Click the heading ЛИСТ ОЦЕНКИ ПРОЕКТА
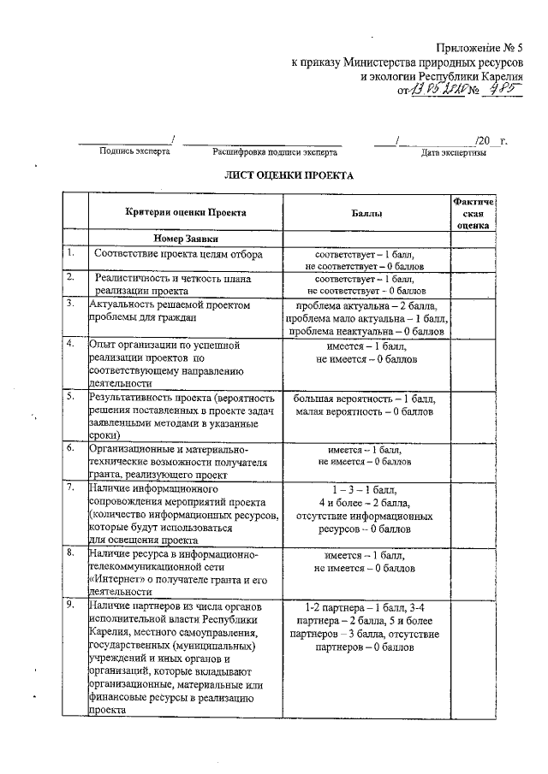289,174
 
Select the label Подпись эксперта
134,151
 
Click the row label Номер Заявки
186,239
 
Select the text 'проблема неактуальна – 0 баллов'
370,331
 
